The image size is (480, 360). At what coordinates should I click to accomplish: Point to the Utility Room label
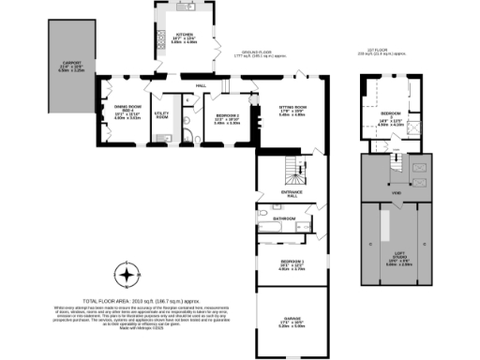(160, 115)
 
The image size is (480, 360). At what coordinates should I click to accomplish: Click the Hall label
(201, 87)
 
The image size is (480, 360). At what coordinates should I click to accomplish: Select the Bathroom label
(285, 218)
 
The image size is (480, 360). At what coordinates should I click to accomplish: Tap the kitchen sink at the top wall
(187, 7)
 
